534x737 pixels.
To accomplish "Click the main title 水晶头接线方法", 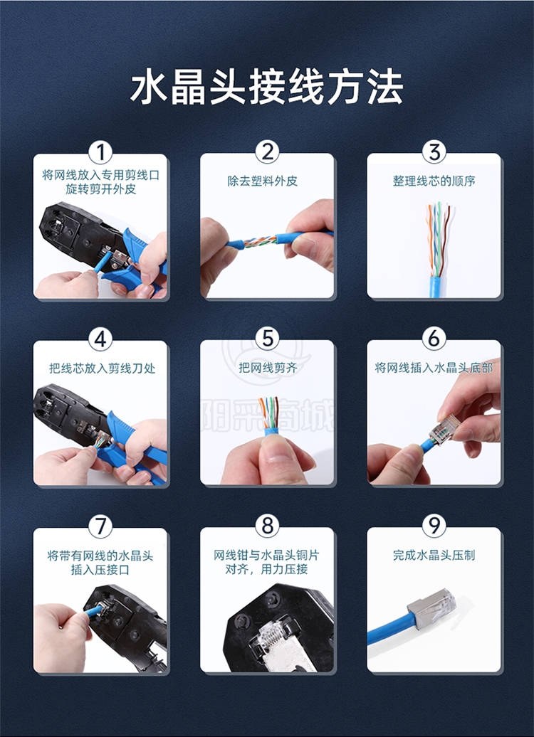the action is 267,88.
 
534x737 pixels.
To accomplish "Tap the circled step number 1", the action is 100,152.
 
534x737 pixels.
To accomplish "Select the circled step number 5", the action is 267,339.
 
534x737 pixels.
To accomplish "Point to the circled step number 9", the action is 434,526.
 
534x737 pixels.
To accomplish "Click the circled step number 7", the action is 100,526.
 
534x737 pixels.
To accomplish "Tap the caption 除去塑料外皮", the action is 263,181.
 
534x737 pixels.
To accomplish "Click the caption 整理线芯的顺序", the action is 434,181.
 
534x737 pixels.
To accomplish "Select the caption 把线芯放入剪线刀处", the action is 102,368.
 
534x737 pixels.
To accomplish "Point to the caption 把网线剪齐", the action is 268,368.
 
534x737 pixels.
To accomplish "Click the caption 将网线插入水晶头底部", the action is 434,368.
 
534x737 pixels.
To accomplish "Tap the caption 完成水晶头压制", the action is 434,555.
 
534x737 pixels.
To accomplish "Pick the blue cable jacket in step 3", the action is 436,287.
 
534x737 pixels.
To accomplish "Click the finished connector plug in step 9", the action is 432,609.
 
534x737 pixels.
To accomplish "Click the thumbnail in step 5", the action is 267,412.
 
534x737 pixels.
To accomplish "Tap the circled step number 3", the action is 434,152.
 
